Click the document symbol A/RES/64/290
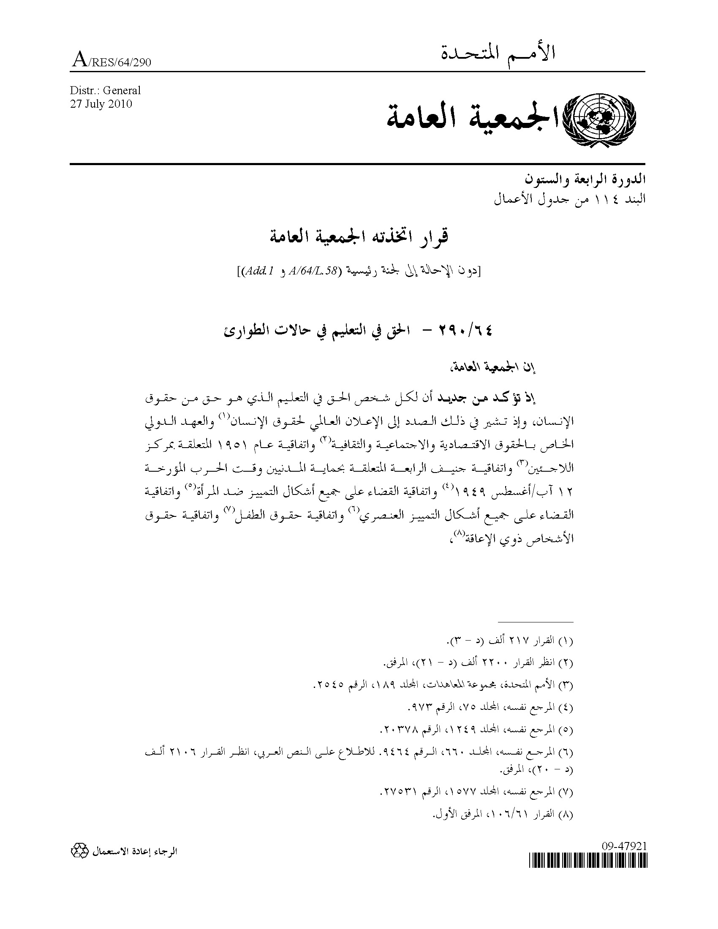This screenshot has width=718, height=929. (x=112, y=62)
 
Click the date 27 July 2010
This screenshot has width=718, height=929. (x=101, y=104)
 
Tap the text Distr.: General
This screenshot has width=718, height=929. (x=105, y=91)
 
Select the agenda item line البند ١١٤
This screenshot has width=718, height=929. (x=570, y=198)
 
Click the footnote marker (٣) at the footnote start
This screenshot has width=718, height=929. (x=566, y=685)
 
